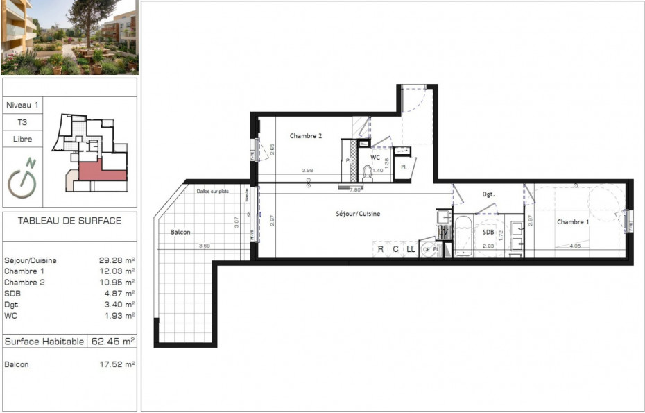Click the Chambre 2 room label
305,136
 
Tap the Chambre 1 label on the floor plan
573,222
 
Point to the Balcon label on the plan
180,232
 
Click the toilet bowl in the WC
368,172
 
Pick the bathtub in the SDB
463,235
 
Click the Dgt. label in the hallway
488,194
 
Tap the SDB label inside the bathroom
488,232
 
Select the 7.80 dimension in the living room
354,189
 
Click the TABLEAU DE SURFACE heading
69,221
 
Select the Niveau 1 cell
23,105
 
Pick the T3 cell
23,121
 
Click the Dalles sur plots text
212,191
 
